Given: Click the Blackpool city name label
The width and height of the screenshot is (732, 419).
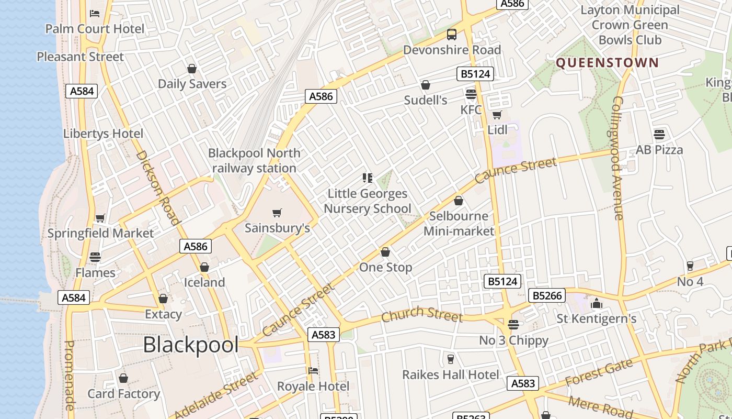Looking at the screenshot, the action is pyautogui.click(x=191, y=345).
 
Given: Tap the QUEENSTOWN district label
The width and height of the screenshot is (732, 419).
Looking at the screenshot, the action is pyautogui.click(x=607, y=63).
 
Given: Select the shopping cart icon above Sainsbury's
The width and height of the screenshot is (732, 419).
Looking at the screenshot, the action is pyautogui.click(x=277, y=213).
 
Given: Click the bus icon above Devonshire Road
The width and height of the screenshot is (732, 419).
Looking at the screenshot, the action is pyautogui.click(x=452, y=35).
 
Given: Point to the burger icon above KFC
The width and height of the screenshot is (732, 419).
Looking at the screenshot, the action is pyautogui.click(x=471, y=94).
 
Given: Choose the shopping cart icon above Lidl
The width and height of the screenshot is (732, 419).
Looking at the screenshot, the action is pyautogui.click(x=497, y=115).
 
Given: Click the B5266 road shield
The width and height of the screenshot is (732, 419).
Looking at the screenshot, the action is pyautogui.click(x=547, y=295).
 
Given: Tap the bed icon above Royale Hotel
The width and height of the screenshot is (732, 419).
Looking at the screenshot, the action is pyautogui.click(x=313, y=371).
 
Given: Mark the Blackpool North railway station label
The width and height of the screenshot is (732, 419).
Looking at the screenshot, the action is pyautogui.click(x=254, y=160).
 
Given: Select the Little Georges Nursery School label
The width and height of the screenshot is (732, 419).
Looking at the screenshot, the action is pyautogui.click(x=367, y=201).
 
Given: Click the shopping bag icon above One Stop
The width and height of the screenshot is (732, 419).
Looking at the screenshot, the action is pyautogui.click(x=385, y=252).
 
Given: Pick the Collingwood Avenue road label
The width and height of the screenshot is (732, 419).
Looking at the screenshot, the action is pyautogui.click(x=617, y=157).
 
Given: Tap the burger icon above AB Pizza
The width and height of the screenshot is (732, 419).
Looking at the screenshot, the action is pyautogui.click(x=659, y=134).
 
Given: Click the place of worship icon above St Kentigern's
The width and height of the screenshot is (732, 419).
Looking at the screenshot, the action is pyautogui.click(x=597, y=303).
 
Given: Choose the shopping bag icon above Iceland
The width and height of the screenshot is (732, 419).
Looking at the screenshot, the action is pyautogui.click(x=204, y=267).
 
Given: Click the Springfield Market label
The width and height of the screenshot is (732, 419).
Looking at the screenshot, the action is pyautogui.click(x=100, y=233).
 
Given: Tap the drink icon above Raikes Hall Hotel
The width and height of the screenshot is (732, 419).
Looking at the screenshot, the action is pyautogui.click(x=451, y=359).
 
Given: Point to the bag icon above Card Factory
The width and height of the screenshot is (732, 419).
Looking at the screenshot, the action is pyautogui.click(x=123, y=378).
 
